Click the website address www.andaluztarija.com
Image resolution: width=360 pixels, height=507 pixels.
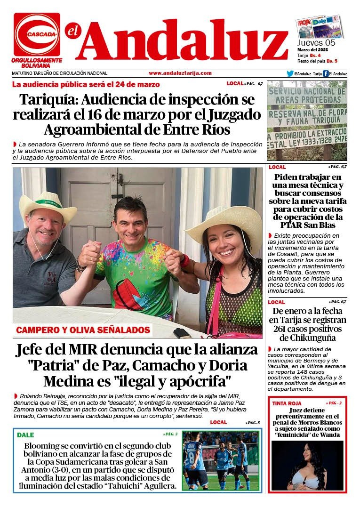(x=180, y=73)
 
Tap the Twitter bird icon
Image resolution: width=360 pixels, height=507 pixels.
(x=290, y=73)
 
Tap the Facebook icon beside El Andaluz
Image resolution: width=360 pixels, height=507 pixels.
(x=326, y=73)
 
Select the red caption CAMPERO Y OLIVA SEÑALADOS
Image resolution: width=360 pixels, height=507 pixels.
(x=83, y=330)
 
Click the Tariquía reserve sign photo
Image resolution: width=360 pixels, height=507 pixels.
(x=306, y=121)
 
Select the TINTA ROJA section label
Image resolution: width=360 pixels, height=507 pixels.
(x=286, y=404)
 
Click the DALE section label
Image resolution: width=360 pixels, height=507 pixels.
(x=26, y=435)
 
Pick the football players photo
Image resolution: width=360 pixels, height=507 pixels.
(x=220, y=460)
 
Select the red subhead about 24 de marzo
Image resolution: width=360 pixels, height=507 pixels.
(x=86, y=85)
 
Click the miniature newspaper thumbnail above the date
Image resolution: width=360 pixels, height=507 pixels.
(x=319, y=26)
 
